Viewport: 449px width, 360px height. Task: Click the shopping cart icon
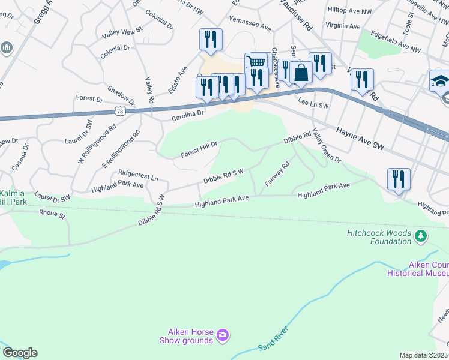[256, 61]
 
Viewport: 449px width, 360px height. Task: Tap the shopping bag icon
[301, 73]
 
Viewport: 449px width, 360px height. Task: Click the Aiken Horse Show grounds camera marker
[223, 335]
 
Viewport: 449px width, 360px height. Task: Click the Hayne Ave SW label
[360, 138]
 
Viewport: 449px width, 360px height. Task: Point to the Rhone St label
[52, 212]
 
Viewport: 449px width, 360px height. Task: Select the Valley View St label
[122, 29]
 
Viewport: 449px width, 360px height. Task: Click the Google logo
[20, 353]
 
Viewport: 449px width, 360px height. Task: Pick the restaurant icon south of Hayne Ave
[399, 179]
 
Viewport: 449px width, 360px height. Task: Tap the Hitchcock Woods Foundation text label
[378, 237]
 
